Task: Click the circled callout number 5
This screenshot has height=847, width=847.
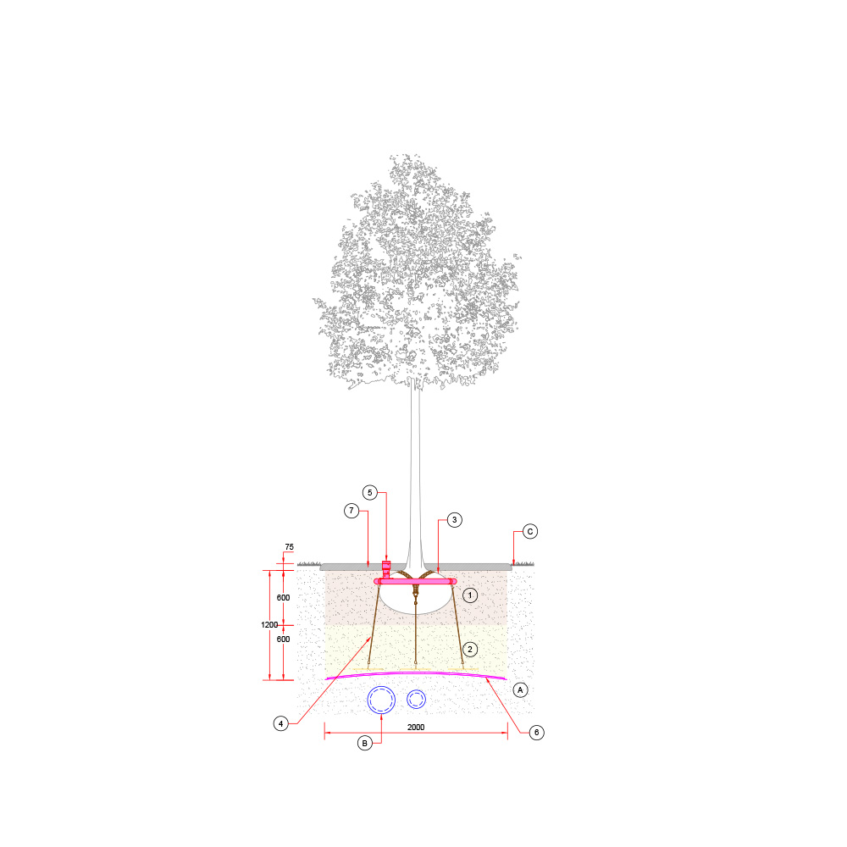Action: (370, 493)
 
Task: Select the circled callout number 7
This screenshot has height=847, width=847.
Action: (352, 511)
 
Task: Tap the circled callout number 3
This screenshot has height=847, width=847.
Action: (454, 520)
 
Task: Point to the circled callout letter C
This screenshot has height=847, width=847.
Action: (530, 532)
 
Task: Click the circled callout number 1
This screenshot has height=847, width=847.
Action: (470, 595)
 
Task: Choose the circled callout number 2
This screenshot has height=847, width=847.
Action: (470, 650)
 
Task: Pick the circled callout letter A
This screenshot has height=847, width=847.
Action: (520, 689)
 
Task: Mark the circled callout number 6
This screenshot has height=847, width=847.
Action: (536, 733)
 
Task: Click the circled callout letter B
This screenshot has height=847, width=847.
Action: (364, 744)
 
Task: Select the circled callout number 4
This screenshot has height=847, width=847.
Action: (281, 724)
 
